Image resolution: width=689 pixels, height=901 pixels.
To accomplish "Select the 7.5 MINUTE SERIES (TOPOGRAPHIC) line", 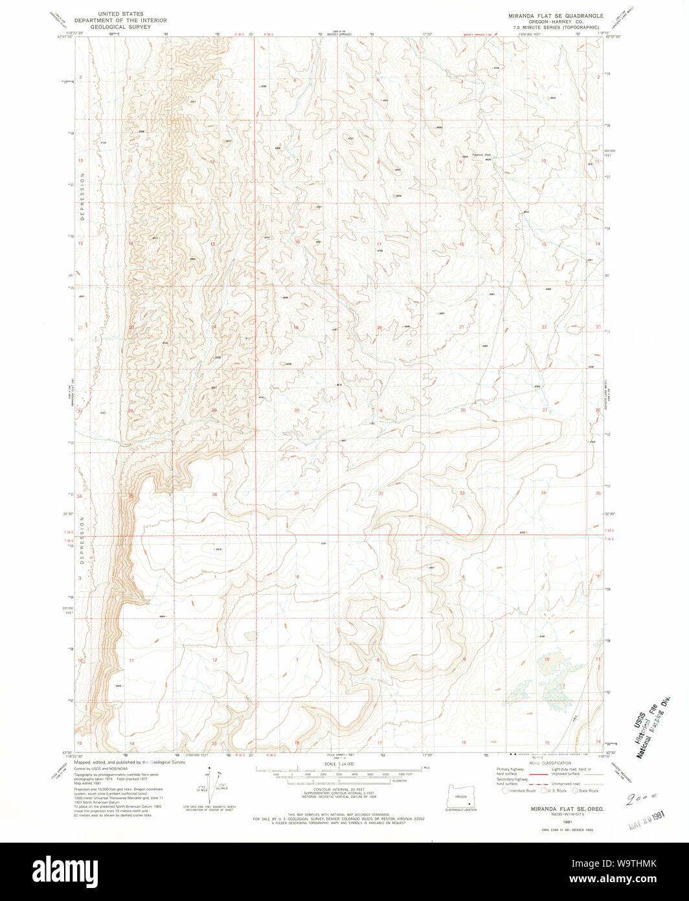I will (556, 27).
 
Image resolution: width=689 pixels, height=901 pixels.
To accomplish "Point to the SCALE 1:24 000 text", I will (339, 764).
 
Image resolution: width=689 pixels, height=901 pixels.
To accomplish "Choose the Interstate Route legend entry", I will (521, 791).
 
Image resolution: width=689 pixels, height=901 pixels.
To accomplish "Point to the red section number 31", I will (297, 494).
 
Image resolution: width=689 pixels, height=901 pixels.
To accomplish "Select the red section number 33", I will (462, 494).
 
